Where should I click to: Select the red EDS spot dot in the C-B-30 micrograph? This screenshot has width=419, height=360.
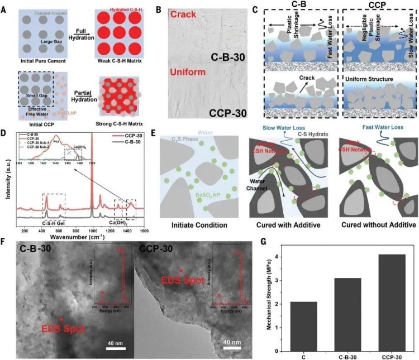pos(60,319)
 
